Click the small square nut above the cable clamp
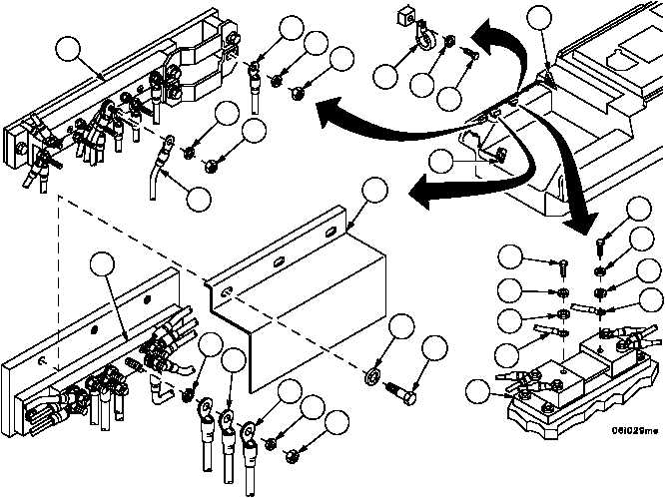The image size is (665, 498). [406, 18]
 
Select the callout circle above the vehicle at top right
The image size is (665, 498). [540, 19]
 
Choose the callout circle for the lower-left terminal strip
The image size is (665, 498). [104, 265]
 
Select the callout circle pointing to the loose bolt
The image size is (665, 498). [434, 349]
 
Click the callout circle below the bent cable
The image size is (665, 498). [199, 199]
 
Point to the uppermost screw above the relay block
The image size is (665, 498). [603, 242]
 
